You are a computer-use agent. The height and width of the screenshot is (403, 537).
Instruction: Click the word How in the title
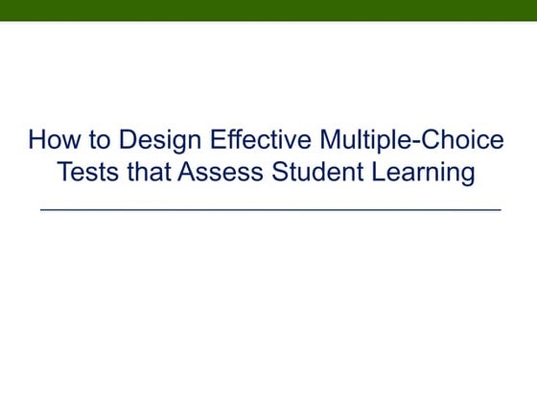click(x=51, y=142)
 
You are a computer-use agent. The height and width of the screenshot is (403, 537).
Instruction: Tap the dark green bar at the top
click(x=268, y=10)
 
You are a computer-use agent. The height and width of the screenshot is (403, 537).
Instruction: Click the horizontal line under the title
click(x=269, y=208)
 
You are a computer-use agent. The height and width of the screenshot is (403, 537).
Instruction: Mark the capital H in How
click(x=37, y=142)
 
